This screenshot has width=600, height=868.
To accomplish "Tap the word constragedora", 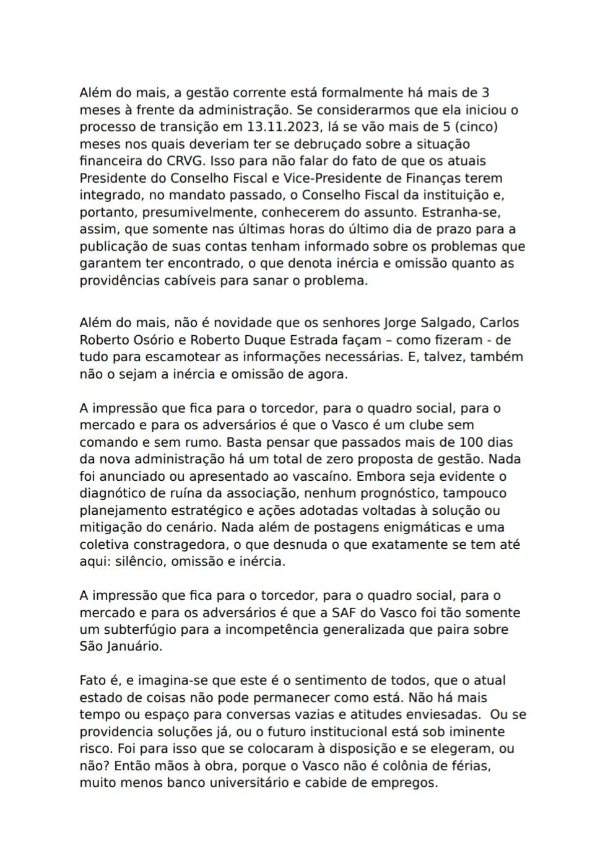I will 173,545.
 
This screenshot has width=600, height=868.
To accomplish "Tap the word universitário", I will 240,783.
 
